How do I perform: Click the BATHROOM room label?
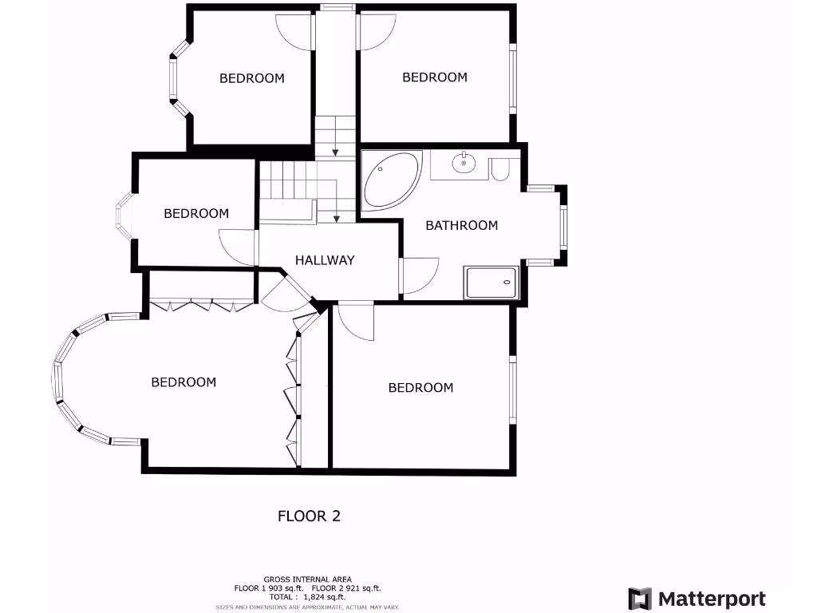(x=461, y=226)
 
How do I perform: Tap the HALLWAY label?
(x=325, y=260)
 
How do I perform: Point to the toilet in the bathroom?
(x=501, y=170)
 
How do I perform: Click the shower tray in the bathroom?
(x=491, y=283)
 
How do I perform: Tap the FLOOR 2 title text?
(x=309, y=516)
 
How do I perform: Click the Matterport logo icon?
(x=640, y=599)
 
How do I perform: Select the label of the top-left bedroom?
(x=252, y=78)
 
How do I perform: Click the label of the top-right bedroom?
(x=435, y=77)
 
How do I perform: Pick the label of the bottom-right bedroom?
(x=420, y=388)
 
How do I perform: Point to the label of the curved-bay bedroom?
(x=184, y=382)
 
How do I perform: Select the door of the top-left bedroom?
(x=295, y=32)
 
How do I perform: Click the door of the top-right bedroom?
(x=376, y=32)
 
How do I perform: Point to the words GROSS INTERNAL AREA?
(x=307, y=579)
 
